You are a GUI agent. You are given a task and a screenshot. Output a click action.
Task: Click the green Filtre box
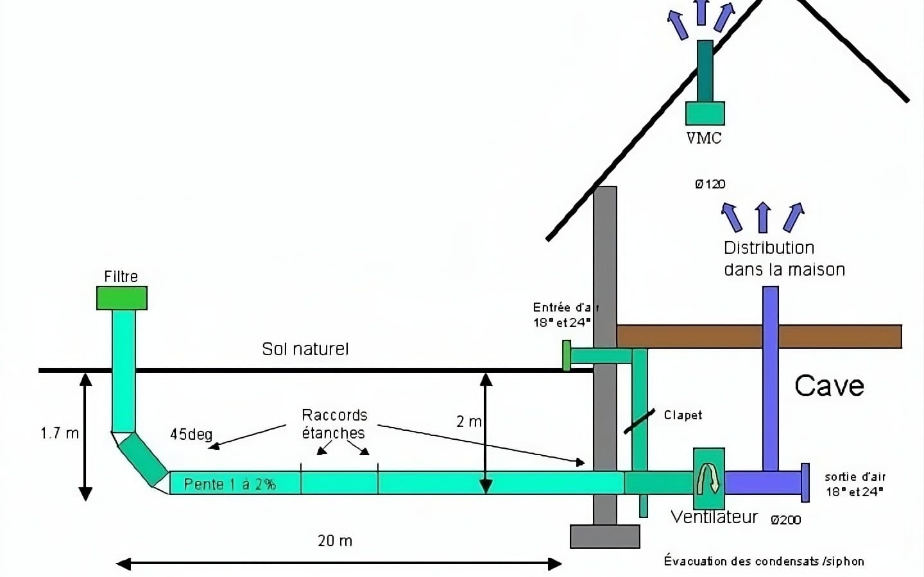pyautogui.click(x=122, y=298)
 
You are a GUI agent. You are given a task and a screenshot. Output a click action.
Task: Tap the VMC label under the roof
pyautogui.click(x=704, y=138)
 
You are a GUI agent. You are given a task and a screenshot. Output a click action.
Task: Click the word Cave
pyautogui.click(x=829, y=386)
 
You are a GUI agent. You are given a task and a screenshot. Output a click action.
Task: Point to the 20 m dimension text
pyautogui.click(x=335, y=540)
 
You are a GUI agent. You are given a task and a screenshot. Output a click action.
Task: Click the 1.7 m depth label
pyautogui.click(x=60, y=433)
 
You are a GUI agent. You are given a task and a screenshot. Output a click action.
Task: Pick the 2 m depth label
pyautogui.click(x=468, y=421)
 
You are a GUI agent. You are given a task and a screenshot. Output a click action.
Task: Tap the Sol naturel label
pyautogui.click(x=305, y=349)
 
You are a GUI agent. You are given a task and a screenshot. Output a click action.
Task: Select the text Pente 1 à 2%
pyautogui.click(x=230, y=484)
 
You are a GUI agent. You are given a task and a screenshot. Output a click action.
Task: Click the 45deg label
pyautogui.click(x=191, y=434)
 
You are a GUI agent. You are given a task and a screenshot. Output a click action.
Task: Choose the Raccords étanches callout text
pyautogui.click(x=334, y=424)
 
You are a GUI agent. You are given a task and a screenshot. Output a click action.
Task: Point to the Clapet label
pyautogui.click(x=683, y=415)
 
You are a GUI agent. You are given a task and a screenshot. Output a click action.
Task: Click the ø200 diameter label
pyautogui.click(x=785, y=520)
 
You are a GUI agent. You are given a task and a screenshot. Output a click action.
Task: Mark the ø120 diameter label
pyautogui.click(x=710, y=184)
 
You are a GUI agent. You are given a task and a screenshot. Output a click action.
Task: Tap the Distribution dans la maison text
pyautogui.click(x=783, y=258)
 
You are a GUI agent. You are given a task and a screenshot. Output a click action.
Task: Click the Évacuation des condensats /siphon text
pyautogui.click(x=764, y=561)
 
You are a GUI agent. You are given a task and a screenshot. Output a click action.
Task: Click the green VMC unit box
pyautogui.click(x=705, y=113)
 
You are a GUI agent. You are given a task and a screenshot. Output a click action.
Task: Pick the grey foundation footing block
pyautogui.click(x=605, y=537)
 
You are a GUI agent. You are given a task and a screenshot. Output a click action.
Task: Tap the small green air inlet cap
pyautogui.click(x=567, y=356)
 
